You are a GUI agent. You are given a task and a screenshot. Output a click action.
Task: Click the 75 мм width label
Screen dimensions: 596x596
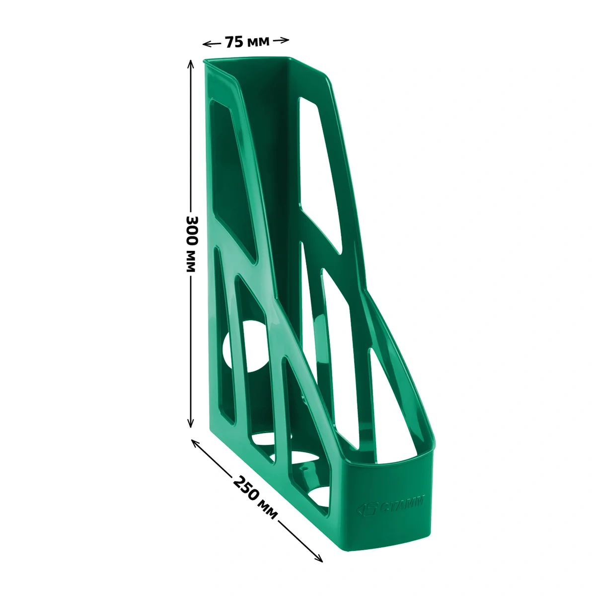click(x=247, y=42)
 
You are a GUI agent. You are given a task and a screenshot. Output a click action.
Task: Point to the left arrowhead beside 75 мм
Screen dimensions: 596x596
click(x=206, y=45)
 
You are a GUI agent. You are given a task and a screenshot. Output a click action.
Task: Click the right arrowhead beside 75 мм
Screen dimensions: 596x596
click(x=285, y=40)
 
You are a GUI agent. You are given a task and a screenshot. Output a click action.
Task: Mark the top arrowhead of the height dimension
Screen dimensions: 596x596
click(x=191, y=64)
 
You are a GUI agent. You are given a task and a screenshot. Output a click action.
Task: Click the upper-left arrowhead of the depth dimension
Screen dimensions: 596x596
click(x=195, y=443)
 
